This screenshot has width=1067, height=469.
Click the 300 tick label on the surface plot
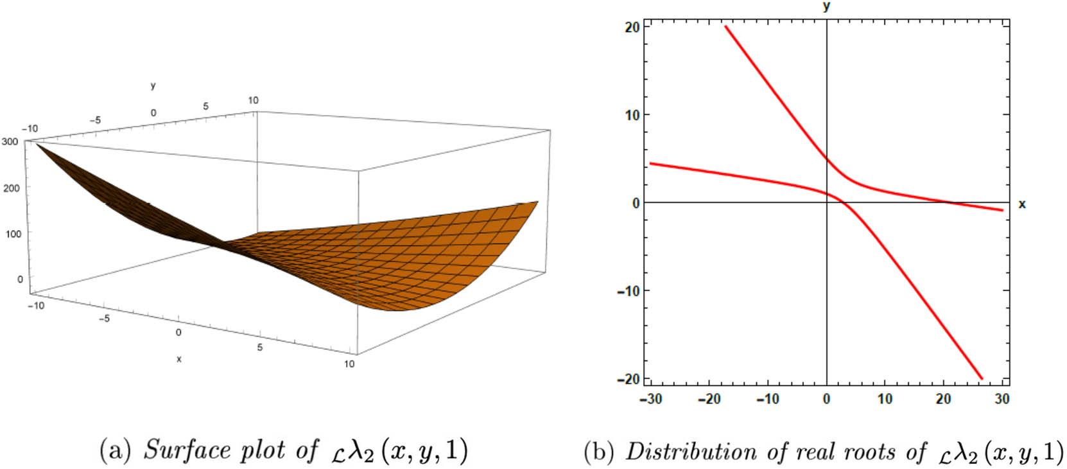point(10,141)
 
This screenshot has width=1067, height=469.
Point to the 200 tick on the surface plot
point(12,188)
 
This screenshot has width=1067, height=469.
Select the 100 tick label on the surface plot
point(13,234)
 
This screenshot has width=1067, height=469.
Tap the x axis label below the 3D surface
point(178,359)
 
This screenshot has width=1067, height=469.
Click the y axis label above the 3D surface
point(153,85)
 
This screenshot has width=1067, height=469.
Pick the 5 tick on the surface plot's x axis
point(260,348)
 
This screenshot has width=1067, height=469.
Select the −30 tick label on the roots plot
point(650,399)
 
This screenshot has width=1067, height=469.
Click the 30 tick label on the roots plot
point(1002,399)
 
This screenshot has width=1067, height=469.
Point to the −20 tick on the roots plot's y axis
point(629,379)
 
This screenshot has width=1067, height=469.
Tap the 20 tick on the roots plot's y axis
point(632,27)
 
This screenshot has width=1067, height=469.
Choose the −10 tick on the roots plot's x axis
point(767,399)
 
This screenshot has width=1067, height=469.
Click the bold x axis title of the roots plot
point(1022,204)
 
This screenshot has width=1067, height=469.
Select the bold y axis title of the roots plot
point(826,6)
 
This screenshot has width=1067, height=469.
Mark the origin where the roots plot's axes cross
point(826,202)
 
